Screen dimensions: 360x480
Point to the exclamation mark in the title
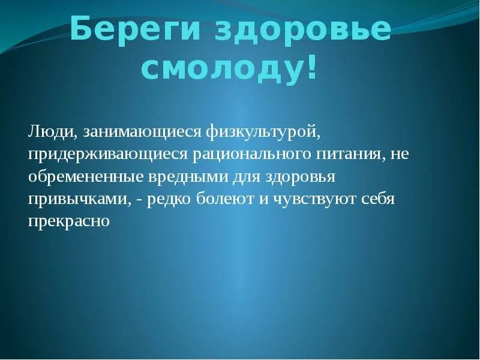click(311, 68)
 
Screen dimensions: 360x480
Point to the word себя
click(378, 199)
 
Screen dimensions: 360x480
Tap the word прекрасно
click(68, 221)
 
